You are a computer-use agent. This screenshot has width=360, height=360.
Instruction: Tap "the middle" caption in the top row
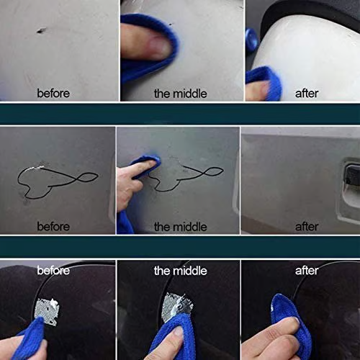coord(180,93)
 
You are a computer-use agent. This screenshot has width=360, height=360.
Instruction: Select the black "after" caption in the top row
coord(307,93)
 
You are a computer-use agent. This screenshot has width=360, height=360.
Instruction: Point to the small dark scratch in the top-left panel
coord(40,31)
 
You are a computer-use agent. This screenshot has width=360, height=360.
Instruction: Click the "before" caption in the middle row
coord(53,227)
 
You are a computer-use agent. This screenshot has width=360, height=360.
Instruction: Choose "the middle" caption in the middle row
coord(180,227)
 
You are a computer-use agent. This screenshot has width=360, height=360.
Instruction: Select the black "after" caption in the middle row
coord(307,227)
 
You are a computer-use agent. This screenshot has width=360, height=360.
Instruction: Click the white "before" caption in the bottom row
coord(53,271)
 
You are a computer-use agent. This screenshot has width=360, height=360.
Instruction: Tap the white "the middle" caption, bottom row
coord(180,271)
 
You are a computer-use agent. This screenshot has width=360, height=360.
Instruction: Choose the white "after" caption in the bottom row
coord(307,271)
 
